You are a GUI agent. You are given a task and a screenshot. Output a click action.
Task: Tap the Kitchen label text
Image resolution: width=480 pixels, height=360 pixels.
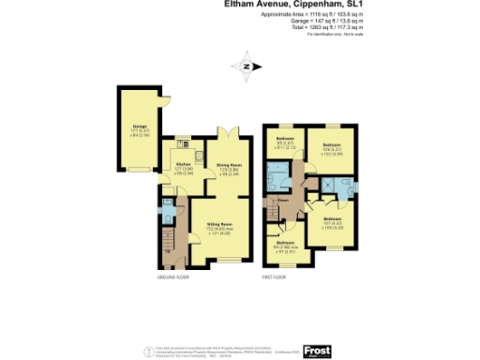184,165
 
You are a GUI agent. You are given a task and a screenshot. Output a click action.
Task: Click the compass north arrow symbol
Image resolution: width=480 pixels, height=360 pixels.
246,66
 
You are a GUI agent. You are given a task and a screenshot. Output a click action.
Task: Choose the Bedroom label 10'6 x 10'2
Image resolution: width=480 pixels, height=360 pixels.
331,148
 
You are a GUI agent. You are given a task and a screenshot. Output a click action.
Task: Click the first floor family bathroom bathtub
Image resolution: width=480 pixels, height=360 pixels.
280,177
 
